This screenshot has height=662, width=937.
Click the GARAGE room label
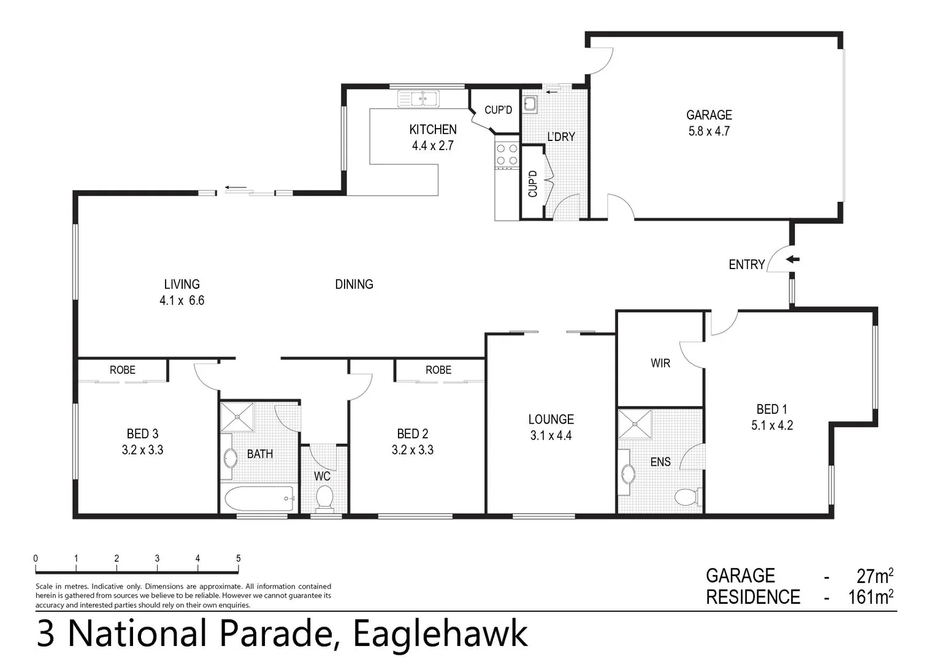709,115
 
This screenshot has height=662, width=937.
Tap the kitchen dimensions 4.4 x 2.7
433,146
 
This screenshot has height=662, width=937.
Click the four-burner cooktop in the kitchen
507,154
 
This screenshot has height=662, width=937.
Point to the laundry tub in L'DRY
530,104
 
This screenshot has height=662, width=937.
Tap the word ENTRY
746,265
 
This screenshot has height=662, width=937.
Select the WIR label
660,363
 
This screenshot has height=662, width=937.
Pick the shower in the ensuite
635,424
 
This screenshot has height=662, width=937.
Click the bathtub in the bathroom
259,499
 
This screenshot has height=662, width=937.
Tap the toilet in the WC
323,498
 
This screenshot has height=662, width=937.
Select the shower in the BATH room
237,417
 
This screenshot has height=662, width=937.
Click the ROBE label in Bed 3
123,370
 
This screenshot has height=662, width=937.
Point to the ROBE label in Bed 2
438,370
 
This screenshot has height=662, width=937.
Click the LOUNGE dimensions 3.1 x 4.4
551,436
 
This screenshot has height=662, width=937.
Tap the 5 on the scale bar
238,558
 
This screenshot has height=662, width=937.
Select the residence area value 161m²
870,597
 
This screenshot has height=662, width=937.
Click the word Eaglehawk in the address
440,634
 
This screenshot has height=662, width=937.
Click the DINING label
354,284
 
